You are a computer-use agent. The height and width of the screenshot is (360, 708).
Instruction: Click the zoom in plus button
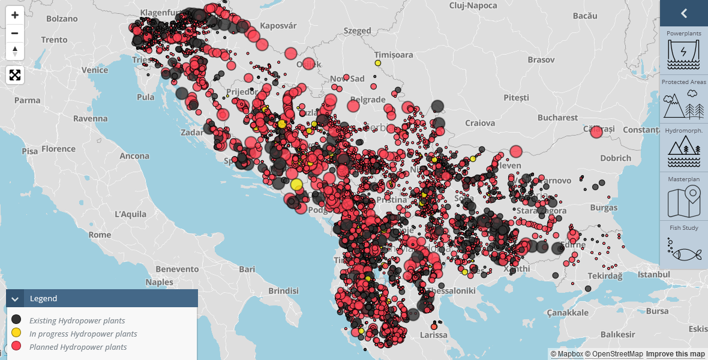click(15, 15)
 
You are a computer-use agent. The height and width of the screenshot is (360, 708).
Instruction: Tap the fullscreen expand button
click(15, 75)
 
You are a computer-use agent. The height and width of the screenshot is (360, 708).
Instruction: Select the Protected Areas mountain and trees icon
click(684, 104)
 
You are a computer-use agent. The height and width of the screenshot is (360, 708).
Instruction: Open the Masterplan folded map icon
click(684, 202)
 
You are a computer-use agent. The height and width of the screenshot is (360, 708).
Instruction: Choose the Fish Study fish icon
click(684, 250)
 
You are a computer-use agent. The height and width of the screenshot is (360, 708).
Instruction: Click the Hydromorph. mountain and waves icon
click(684, 152)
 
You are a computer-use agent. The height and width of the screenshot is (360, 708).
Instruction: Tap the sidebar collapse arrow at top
click(684, 13)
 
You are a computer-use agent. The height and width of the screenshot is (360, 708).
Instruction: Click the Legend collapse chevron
click(15, 298)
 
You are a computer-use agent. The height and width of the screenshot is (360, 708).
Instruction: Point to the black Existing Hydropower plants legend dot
click(16, 320)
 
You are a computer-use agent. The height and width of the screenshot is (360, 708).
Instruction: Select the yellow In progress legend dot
click(16, 334)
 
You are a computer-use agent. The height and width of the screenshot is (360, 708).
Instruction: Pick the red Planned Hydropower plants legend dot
click(16, 347)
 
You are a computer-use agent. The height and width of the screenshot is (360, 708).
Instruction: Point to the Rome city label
click(100, 235)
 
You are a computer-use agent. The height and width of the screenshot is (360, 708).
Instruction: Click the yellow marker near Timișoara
click(378, 63)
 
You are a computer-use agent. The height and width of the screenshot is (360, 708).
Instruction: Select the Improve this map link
click(675, 354)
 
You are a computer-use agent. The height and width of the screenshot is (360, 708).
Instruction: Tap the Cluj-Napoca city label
click(473, 5)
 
